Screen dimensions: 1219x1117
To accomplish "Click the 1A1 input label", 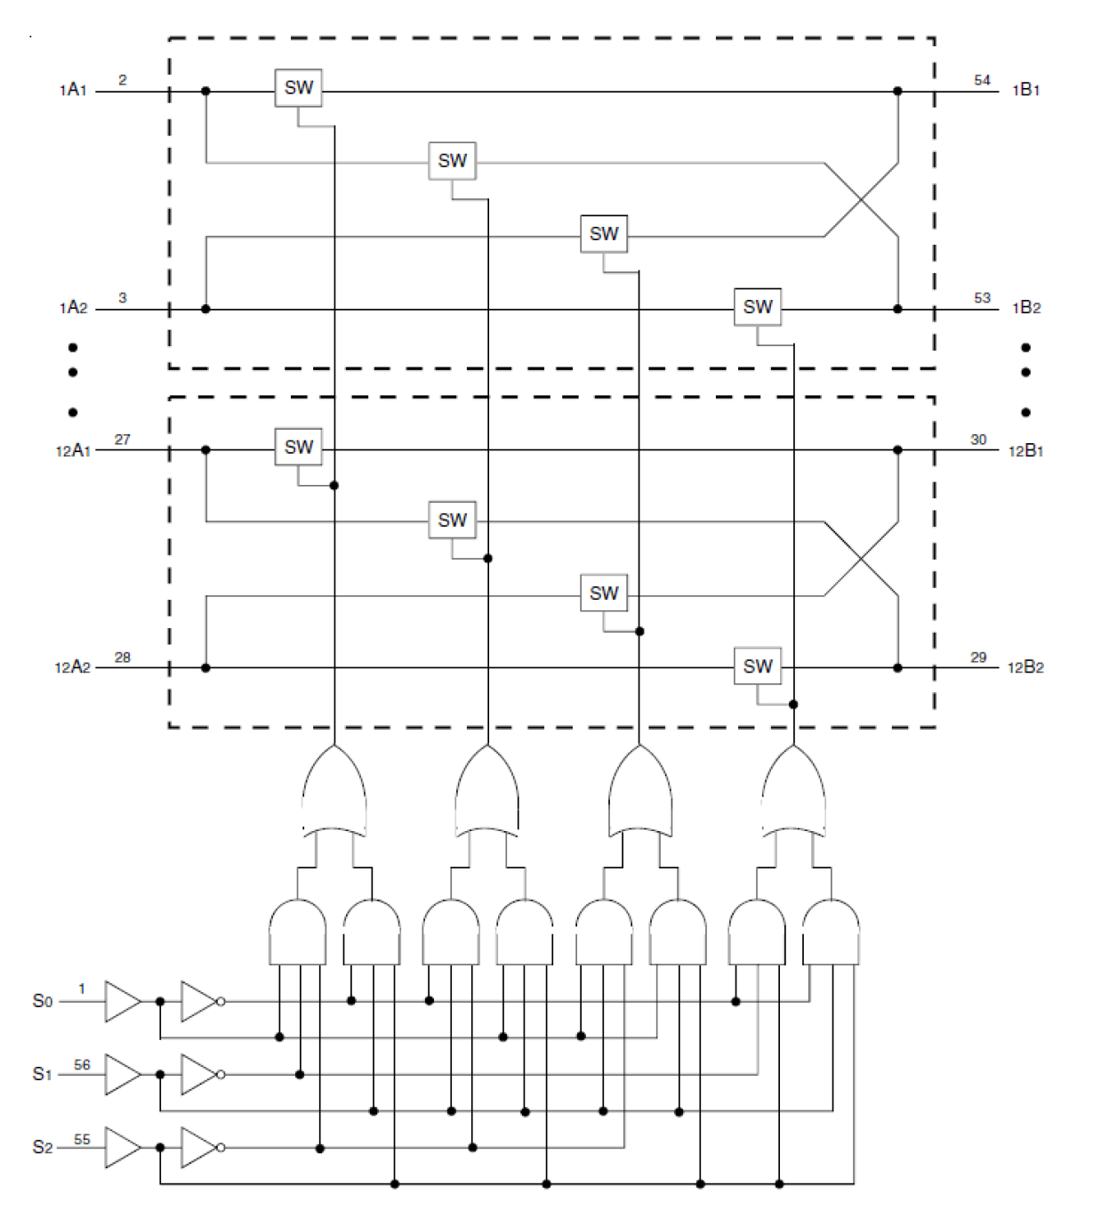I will (x=73, y=90).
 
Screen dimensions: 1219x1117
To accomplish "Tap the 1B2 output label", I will (x=1026, y=308).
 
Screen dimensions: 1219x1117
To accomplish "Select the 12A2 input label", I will (x=72, y=667).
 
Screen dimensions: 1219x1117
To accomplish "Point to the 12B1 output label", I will (x=1025, y=451).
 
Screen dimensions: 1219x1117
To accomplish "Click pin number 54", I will (x=982, y=80).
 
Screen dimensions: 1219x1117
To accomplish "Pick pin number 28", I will (x=123, y=658).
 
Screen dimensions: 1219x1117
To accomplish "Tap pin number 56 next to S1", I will (x=82, y=1064).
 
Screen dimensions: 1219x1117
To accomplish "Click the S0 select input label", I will (x=43, y=1001).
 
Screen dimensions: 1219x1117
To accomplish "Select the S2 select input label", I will (x=43, y=1147).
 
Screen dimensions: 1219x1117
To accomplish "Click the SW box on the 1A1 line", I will (x=299, y=88).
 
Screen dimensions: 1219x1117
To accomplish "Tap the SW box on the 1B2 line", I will (x=758, y=307).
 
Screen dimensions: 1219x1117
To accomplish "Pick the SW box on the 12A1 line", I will (x=299, y=448).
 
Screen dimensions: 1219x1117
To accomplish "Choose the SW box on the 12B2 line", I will (x=758, y=666).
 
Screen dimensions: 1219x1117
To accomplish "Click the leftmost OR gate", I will (x=334, y=792).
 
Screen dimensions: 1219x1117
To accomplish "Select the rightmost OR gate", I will (x=794, y=792).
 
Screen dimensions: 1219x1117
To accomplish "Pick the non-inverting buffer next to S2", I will (x=123, y=1147).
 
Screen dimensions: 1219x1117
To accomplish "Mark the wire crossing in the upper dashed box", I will (x=862, y=200).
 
